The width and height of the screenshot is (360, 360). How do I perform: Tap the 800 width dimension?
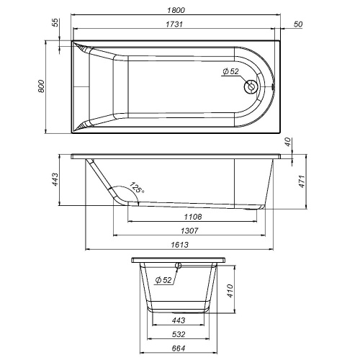point(42,86)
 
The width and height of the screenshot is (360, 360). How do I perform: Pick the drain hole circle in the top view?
point(252,86)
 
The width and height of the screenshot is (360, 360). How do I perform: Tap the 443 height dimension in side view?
point(55,180)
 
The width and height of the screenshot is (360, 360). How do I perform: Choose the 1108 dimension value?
point(192,217)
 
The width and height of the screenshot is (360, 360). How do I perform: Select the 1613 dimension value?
point(179,246)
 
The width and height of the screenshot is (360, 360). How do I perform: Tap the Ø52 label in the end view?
point(163,279)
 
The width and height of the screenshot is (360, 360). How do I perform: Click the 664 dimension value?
point(179,349)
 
